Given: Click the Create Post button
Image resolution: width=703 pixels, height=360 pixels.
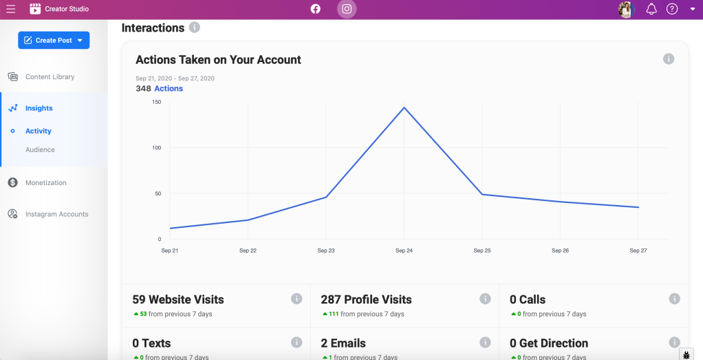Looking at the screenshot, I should point(54,41).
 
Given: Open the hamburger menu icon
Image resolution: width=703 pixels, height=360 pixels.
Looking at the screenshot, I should point(10,9).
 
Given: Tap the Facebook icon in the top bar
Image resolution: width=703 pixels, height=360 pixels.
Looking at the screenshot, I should point(316,9).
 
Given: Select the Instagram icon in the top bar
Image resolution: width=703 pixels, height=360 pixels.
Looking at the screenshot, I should point(347,9).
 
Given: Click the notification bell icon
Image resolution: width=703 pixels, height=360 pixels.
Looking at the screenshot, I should point(651,9).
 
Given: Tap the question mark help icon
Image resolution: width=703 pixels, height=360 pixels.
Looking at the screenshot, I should point(672,9).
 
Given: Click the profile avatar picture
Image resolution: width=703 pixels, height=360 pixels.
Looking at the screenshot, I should point(626,9).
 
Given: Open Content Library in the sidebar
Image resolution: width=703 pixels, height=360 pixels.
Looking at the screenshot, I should point(50,77).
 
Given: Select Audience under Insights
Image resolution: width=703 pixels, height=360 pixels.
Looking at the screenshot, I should point(40,149).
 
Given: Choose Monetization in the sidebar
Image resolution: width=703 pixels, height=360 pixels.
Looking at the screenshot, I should point(45,182).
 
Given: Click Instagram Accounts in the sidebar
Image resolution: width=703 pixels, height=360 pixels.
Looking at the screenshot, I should point(56,214).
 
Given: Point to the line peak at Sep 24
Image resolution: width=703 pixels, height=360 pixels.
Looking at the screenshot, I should point(404,107).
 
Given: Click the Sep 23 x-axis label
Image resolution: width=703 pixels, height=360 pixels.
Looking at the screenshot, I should point(326,251).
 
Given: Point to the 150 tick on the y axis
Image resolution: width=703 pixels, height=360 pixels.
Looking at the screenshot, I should point(157,102).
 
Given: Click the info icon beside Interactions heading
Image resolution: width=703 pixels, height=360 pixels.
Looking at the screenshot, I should point(195,28).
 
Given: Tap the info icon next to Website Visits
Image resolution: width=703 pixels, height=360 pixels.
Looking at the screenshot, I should point(296,299).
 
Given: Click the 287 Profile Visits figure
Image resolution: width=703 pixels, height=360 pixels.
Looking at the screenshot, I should point(366,299).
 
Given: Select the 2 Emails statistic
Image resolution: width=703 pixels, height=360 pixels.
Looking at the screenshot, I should point(343,343).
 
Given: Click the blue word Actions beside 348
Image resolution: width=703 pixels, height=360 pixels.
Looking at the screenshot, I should point(169,89).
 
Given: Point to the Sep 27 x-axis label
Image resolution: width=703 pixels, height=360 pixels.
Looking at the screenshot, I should point(638,251).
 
